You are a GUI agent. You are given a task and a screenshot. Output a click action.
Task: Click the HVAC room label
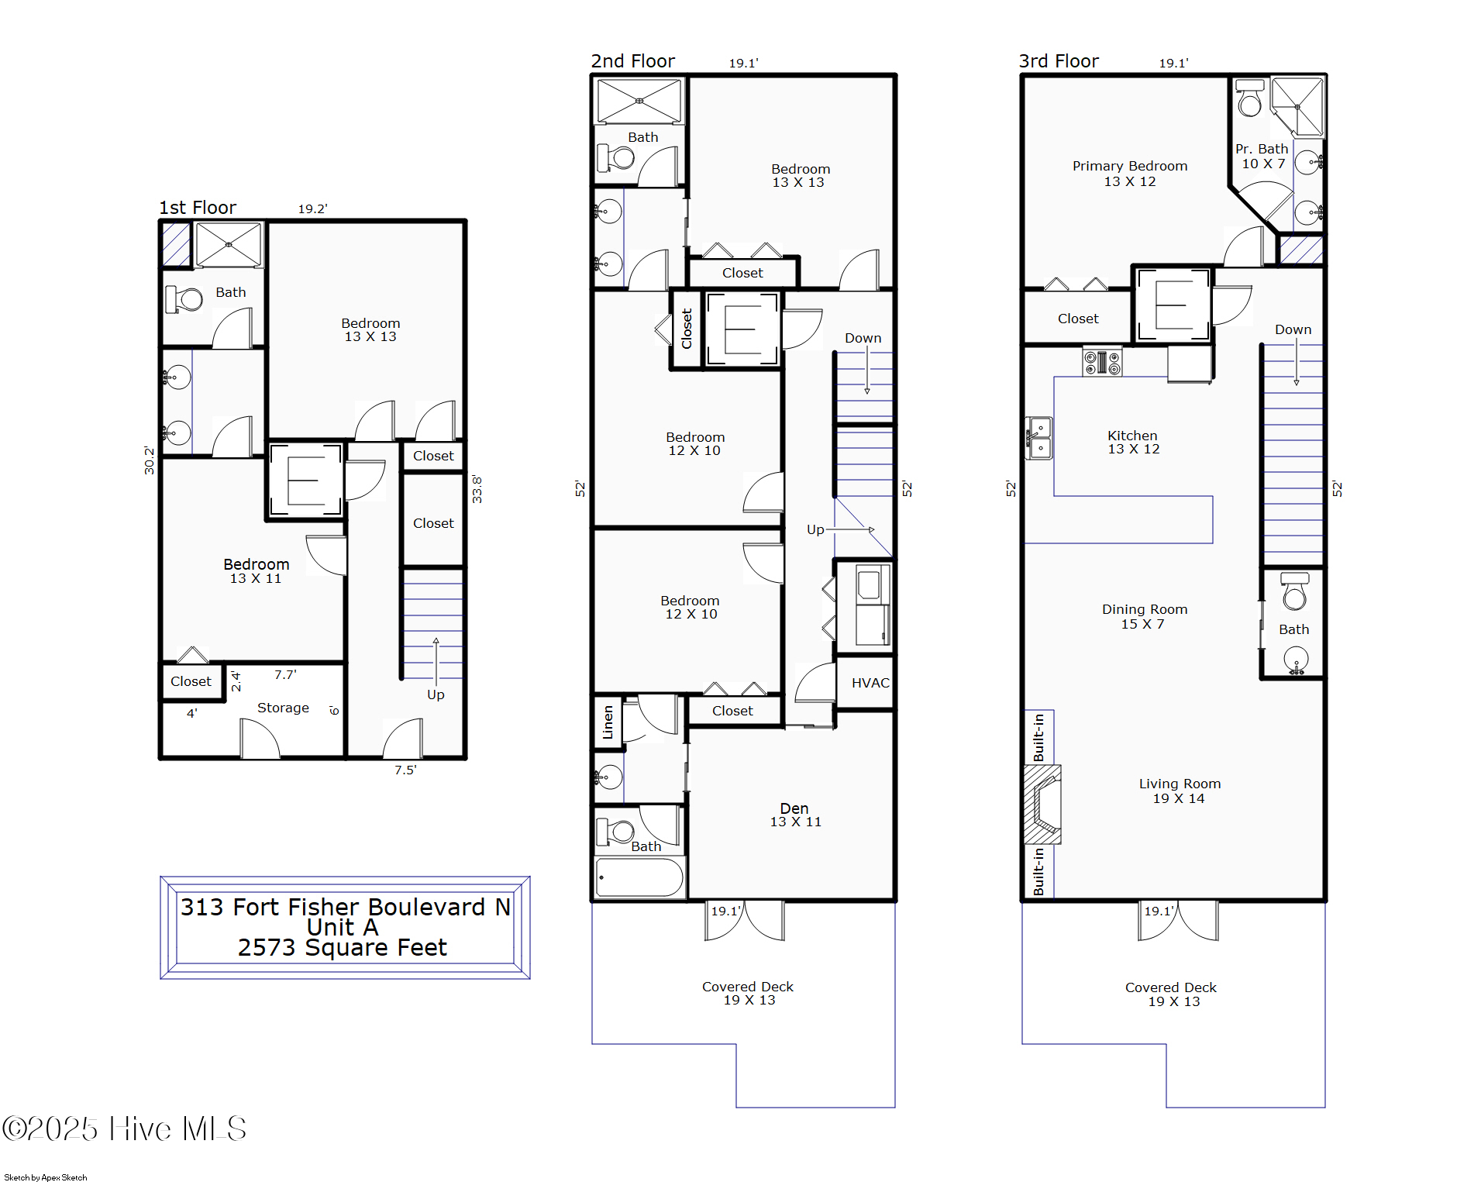point(870,683)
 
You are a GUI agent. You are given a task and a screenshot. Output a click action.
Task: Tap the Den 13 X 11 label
point(795,815)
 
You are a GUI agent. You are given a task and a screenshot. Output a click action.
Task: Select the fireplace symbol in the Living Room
point(1042,804)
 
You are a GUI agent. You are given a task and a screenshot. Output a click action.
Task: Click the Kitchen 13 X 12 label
point(1132,442)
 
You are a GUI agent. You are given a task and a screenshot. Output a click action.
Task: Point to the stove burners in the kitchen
point(1101,362)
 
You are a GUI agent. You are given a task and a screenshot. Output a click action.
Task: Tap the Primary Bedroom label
point(1129,166)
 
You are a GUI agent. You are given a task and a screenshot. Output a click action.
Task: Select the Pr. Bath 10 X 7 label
point(1262,156)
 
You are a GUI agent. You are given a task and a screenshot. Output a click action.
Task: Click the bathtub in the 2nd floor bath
point(639,877)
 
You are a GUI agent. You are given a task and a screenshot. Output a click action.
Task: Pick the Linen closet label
point(608,722)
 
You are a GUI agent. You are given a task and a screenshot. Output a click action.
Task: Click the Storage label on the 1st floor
point(283,708)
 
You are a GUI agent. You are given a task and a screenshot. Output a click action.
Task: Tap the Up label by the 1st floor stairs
point(436,694)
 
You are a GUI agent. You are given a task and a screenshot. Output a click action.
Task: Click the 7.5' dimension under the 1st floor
point(405,770)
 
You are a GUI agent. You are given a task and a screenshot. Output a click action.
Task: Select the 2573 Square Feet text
point(342,947)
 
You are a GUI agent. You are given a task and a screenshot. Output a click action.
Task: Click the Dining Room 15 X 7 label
point(1144,616)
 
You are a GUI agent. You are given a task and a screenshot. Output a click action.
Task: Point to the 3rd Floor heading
point(1058,61)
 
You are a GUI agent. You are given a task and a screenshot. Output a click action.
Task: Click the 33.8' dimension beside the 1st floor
point(477,490)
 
